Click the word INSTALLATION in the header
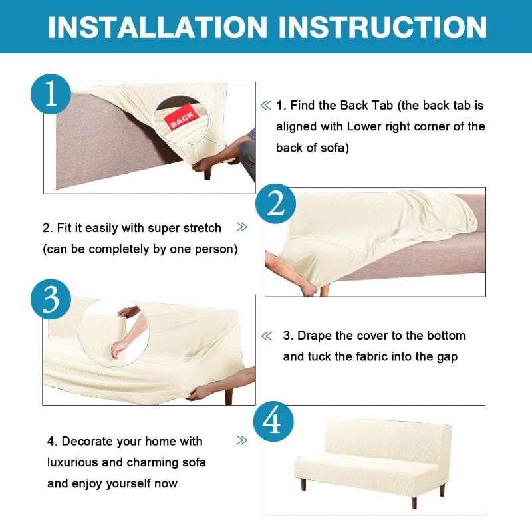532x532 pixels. click(x=158, y=27)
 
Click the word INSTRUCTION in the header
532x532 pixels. click(x=383, y=27)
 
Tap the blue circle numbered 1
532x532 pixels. click(x=51, y=94)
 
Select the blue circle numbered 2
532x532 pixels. click(x=275, y=203)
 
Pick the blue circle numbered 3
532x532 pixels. click(x=51, y=299)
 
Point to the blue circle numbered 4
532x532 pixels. click(x=273, y=421)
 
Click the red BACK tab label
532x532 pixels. click(x=182, y=118)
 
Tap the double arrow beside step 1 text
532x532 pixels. click(x=265, y=106)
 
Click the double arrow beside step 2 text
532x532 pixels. click(x=241, y=227)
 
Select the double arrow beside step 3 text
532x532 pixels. click(x=267, y=336)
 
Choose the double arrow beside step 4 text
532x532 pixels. click(x=241, y=440)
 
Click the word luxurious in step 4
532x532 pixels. click(x=72, y=462)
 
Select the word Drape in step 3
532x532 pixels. click(x=314, y=336)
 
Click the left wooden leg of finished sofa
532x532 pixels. click(x=303, y=484)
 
